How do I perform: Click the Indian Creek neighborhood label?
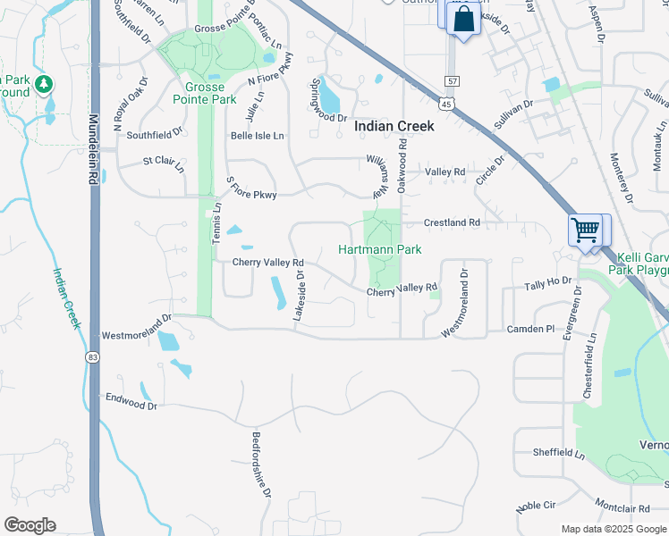[394, 126]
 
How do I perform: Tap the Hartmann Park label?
[379, 249]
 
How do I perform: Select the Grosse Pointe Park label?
[211, 93]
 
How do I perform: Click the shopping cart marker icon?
[585, 230]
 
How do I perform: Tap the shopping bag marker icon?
[464, 19]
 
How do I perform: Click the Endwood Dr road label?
[131, 401]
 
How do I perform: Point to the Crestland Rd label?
[452, 222]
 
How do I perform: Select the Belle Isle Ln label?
[257, 136]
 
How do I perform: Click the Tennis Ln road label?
[216, 230]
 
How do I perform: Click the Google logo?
[30, 525]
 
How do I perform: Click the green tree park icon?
[44, 86]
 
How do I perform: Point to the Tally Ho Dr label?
[547, 282]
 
